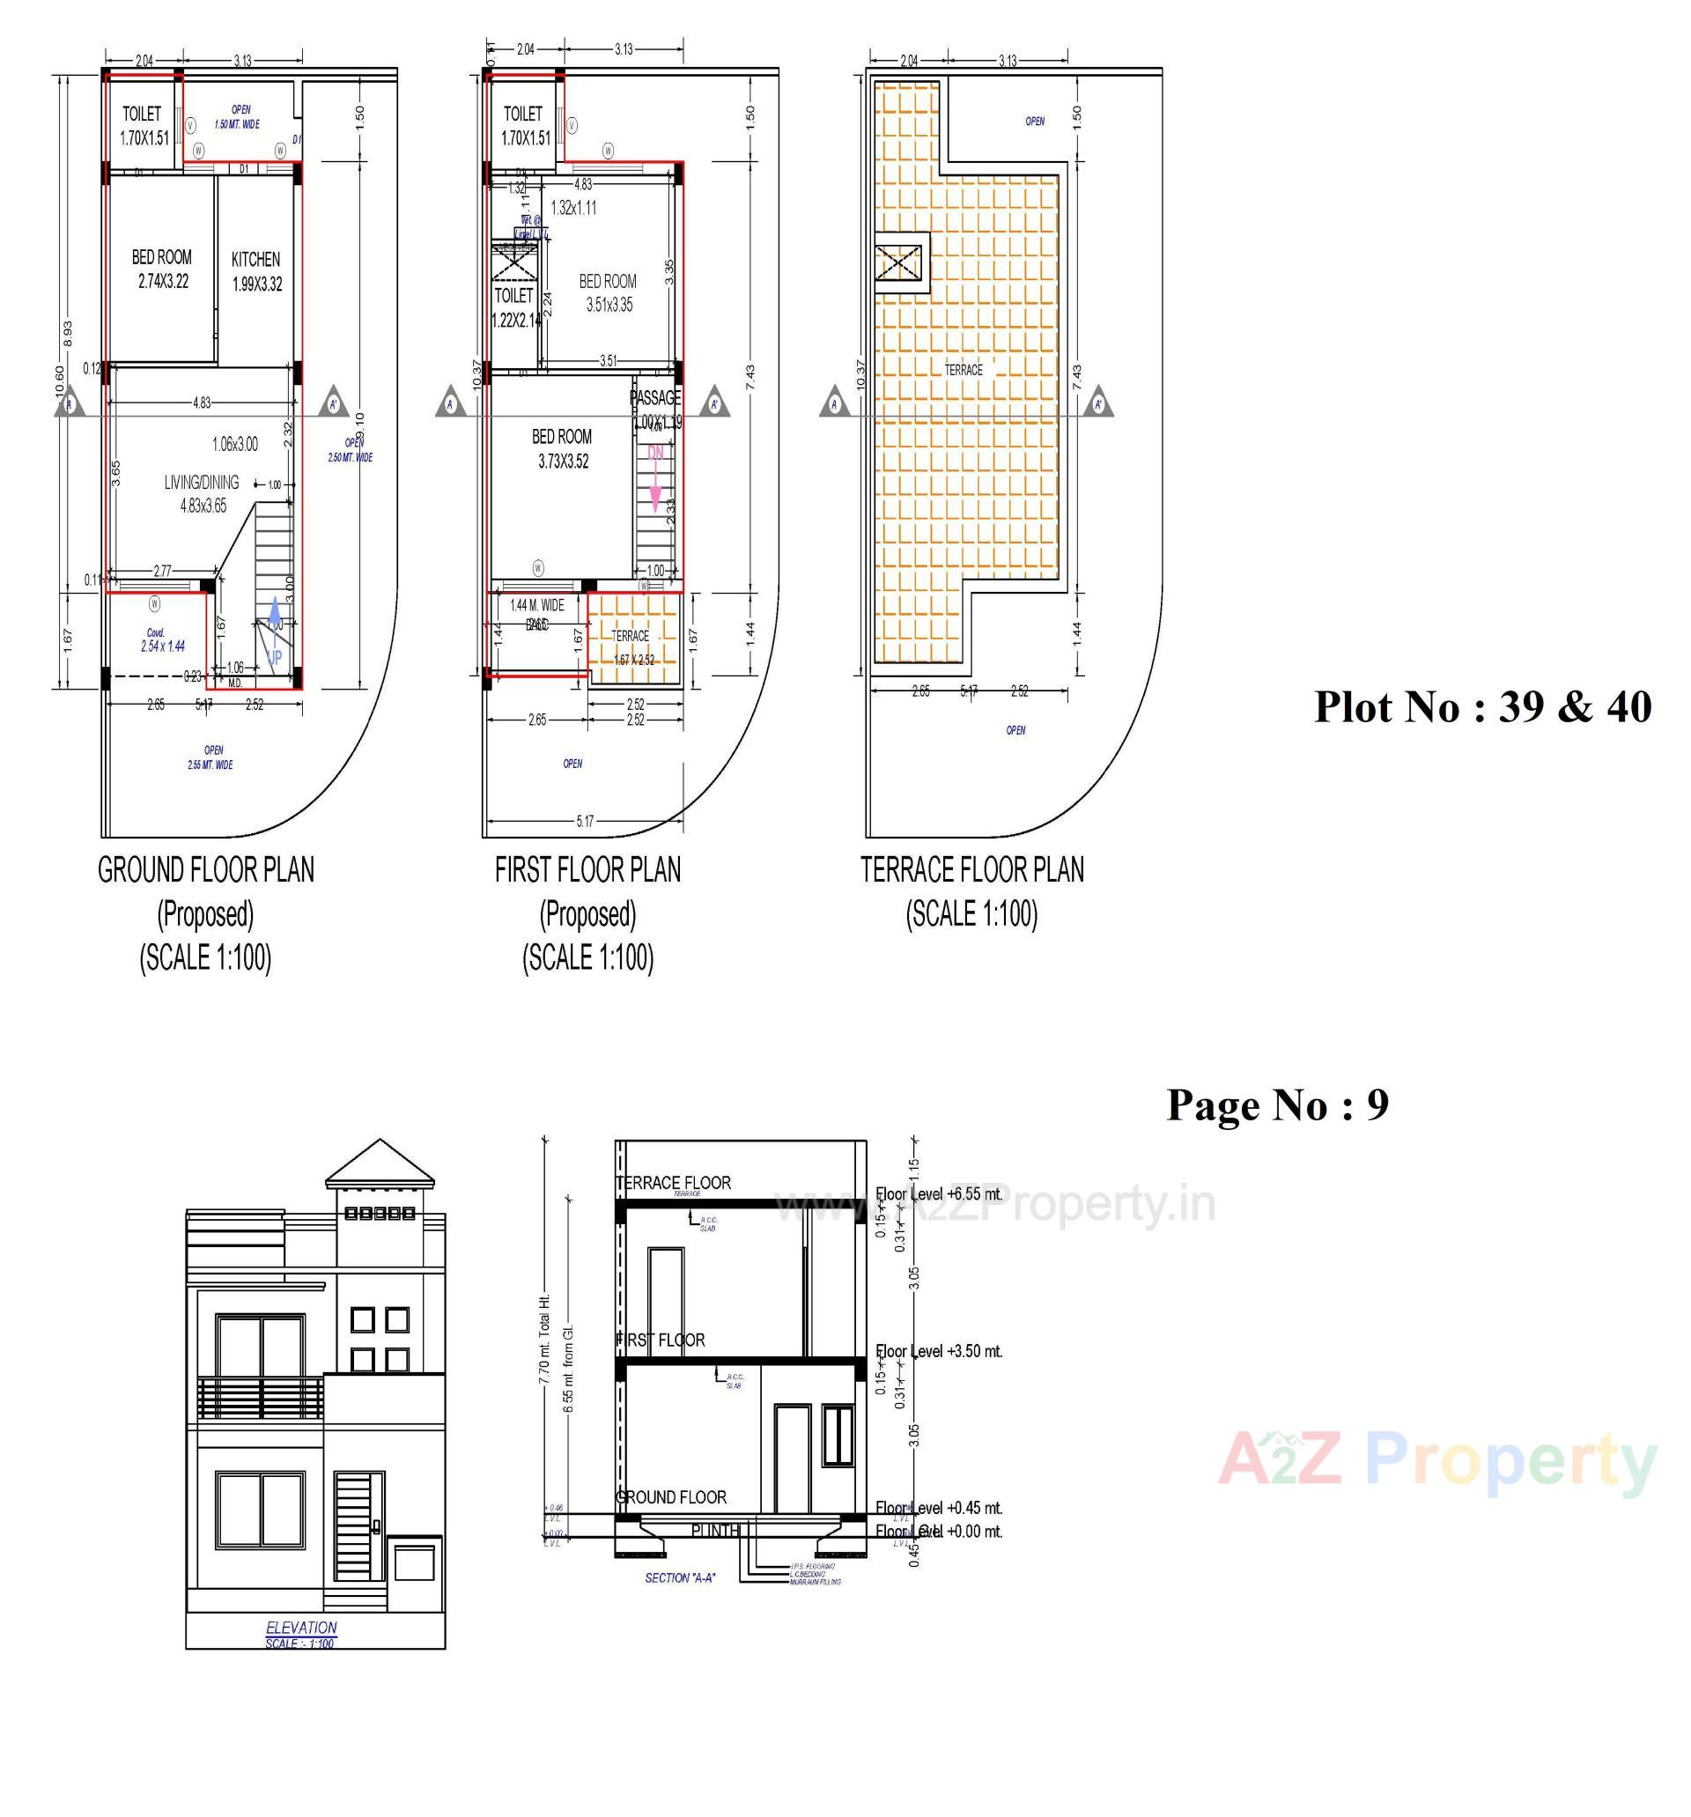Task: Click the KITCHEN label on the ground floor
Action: [255, 260]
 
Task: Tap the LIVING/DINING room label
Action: [201, 483]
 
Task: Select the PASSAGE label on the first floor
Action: [654, 398]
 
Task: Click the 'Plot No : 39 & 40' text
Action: [1481, 706]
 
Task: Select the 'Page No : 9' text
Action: [1277, 1104]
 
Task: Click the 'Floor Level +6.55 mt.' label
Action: [939, 1193]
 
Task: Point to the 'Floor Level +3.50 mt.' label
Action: [939, 1351]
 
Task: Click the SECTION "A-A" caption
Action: [679, 1577]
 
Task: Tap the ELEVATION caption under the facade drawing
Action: [300, 1627]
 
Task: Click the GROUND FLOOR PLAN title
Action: [206, 870]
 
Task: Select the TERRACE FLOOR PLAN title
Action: [971, 870]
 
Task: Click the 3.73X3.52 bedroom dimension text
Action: [562, 462]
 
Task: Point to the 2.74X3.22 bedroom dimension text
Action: [163, 282]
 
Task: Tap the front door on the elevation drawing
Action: [358, 1525]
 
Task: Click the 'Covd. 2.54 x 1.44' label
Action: [162, 640]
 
